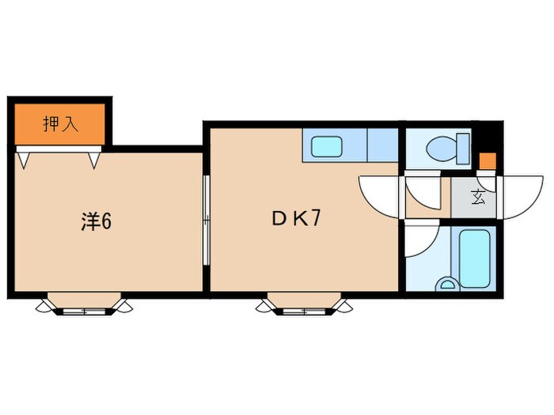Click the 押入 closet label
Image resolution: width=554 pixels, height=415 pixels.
60,124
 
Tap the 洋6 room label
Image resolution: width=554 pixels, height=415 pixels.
96,222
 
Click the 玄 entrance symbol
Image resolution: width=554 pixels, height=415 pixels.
480,198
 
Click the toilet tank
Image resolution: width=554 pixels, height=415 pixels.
463,147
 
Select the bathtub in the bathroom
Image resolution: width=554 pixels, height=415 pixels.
476,258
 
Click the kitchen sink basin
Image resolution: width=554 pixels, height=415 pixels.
326,146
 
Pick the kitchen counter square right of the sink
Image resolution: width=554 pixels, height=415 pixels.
382,145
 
